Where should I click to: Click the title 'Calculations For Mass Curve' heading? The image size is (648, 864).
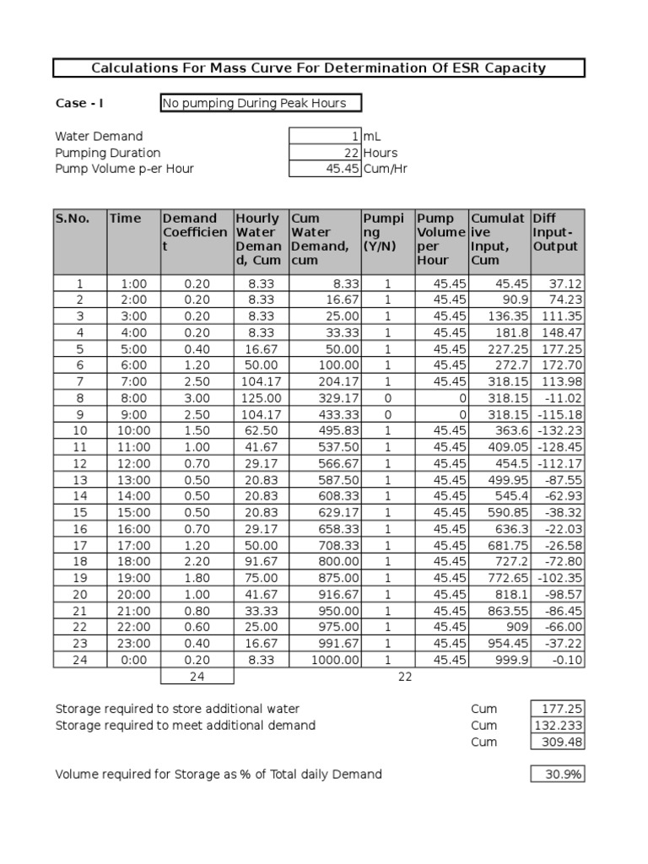pyautogui.click(x=319, y=68)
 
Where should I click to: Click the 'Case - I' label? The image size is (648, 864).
pyautogui.click(x=80, y=104)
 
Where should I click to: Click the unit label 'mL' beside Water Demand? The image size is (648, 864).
pyautogui.click(x=372, y=137)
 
